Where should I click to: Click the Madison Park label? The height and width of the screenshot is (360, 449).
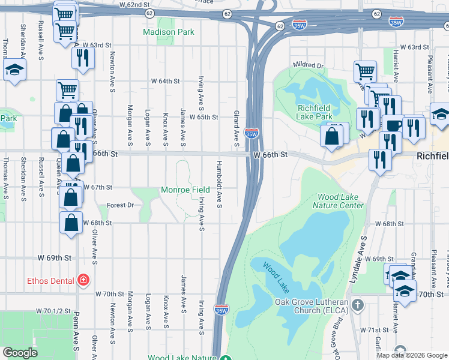coord(168,32)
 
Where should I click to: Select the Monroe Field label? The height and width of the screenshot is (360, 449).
coord(185,190)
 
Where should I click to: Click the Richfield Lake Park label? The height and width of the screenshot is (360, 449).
coord(315,112)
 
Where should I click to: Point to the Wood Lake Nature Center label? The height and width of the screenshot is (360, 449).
coord(340,201)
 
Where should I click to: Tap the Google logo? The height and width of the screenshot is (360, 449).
coord(20,353)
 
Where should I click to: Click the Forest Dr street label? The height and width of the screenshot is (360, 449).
coord(120,205)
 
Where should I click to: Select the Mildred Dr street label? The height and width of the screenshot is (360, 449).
coord(309,65)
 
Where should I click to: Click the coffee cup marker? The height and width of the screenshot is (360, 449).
coord(394,126)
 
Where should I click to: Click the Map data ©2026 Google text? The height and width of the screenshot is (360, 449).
coord(412,355)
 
